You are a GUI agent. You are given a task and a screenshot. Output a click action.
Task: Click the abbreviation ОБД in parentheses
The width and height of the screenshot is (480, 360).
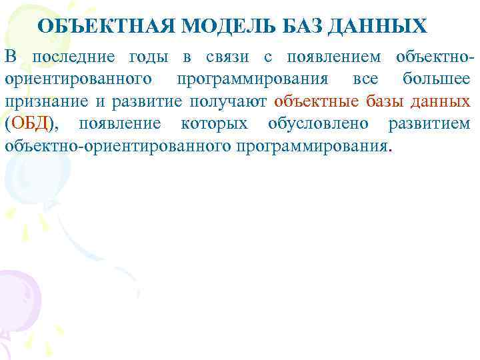[27, 123]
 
